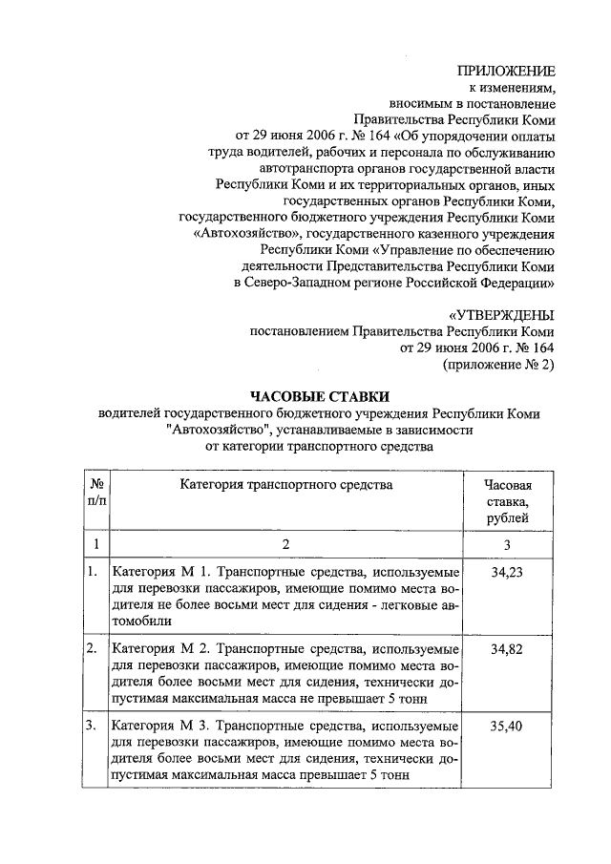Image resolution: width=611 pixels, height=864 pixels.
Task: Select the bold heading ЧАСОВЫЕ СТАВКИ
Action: [x=320, y=395]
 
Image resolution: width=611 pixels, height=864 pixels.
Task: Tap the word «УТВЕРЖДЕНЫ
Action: [x=501, y=314]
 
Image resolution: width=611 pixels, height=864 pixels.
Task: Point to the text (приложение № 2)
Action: [x=497, y=365]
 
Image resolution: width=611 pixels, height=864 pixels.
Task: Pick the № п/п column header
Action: [x=95, y=493]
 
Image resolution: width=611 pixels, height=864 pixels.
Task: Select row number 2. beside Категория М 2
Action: [x=92, y=649]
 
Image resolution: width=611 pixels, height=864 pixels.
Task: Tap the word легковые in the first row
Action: [x=403, y=604]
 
